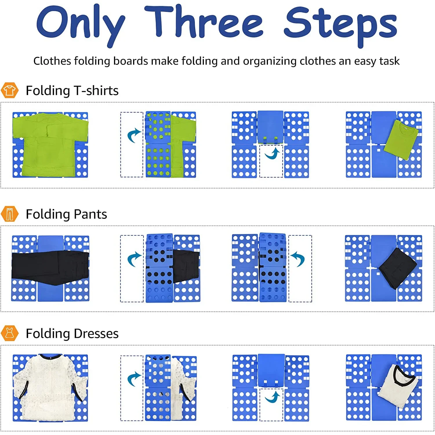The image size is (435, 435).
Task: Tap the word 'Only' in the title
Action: pos(80,25)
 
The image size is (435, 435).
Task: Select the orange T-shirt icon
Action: pos(10,90)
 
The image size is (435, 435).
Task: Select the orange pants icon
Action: pos(10,214)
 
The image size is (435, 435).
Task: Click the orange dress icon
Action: pos(10,333)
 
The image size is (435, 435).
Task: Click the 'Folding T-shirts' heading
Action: pos(72,90)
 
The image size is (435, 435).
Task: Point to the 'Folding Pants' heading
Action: pos(66,214)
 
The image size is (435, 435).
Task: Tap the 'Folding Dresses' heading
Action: pos(72,333)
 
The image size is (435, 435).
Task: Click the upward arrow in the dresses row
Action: pos(273,397)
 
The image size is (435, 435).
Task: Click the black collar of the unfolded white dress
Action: pos(50,356)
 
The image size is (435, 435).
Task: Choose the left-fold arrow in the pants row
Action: pos(134,259)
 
